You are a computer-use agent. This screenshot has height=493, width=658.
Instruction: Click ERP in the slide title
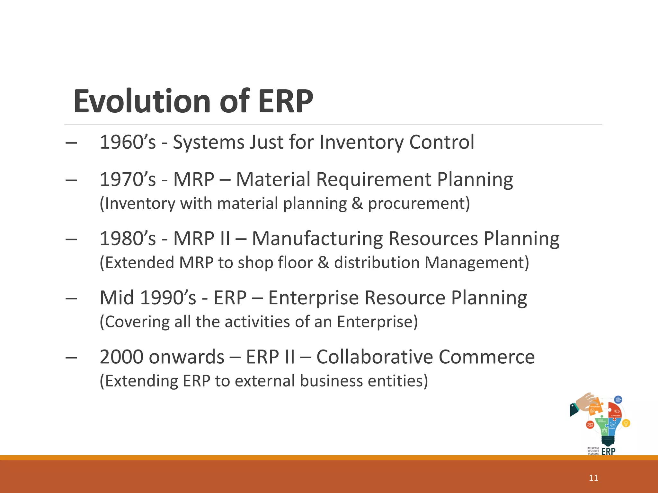click(286, 101)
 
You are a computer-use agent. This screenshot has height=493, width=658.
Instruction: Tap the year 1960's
click(128, 142)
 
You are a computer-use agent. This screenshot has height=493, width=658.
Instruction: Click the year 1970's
click(128, 179)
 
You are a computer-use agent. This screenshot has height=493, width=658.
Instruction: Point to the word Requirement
click(374, 179)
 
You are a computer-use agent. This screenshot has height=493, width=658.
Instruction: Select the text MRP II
click(202, 239)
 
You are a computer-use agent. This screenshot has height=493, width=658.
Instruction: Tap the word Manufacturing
click(317, 239)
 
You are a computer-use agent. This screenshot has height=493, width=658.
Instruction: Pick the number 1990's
click(168, 298)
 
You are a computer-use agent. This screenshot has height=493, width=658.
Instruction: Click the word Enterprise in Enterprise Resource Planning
click(313, 298)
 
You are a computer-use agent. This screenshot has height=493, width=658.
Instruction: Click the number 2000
click(122, 357)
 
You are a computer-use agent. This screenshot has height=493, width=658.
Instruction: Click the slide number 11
click(593, 478)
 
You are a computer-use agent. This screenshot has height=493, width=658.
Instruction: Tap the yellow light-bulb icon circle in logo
click(626, 423)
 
